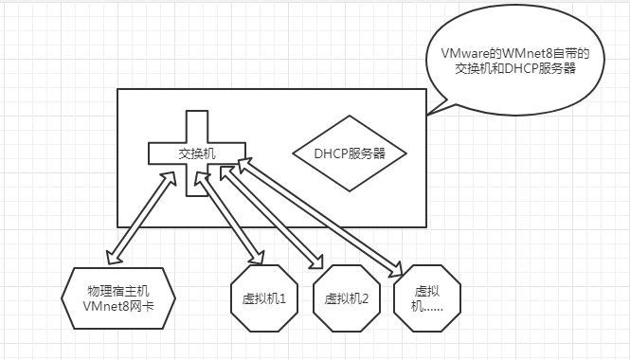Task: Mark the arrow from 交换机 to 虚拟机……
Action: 322,216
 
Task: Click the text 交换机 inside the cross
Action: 197,153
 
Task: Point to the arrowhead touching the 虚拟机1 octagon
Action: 257,259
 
